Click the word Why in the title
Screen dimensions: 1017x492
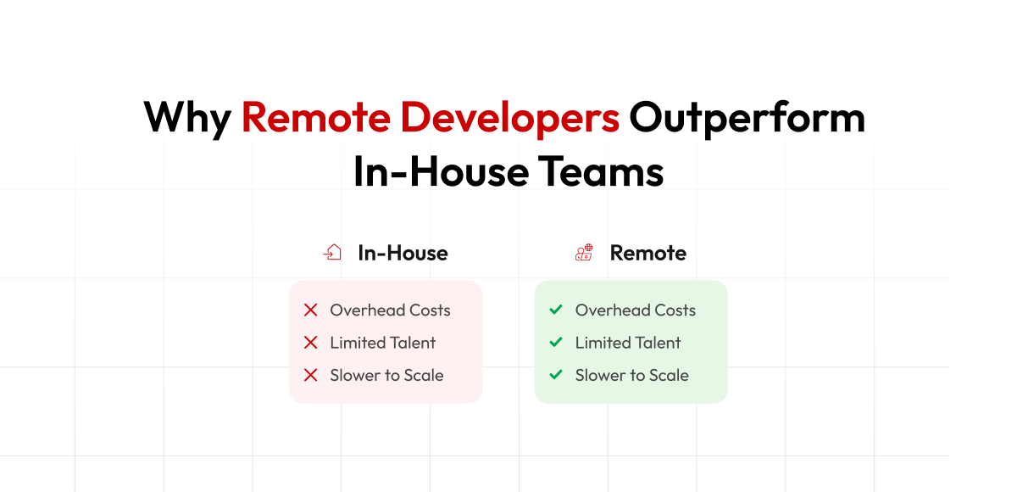coord(187,118)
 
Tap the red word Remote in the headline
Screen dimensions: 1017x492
coord(315,117)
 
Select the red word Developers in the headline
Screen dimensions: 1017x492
coord(510,118)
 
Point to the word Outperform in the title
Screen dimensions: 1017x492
coord(747,118)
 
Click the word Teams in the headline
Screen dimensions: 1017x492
coord(601,171)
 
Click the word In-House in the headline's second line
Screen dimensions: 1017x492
coord(442,171)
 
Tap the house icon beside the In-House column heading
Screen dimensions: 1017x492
coord(332,252)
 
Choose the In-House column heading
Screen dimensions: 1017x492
coord(403,253)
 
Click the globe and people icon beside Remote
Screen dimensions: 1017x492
coord(584,252)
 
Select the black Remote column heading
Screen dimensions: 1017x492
coord(647,253)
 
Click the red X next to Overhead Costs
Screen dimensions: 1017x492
coord(310,310)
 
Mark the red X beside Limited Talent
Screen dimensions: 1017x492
coord(310,343)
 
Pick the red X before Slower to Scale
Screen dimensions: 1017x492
coord(310,375)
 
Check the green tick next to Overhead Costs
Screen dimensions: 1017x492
coord(556,310)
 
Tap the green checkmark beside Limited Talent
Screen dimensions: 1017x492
coord(556,342)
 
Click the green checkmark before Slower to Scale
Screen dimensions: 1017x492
coord(556,375)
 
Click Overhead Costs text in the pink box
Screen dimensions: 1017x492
coord(390,310)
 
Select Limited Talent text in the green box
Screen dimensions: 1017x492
coord(628,343)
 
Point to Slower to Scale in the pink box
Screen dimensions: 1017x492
coord(386,375)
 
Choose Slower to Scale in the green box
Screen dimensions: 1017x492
coord(632,375)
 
